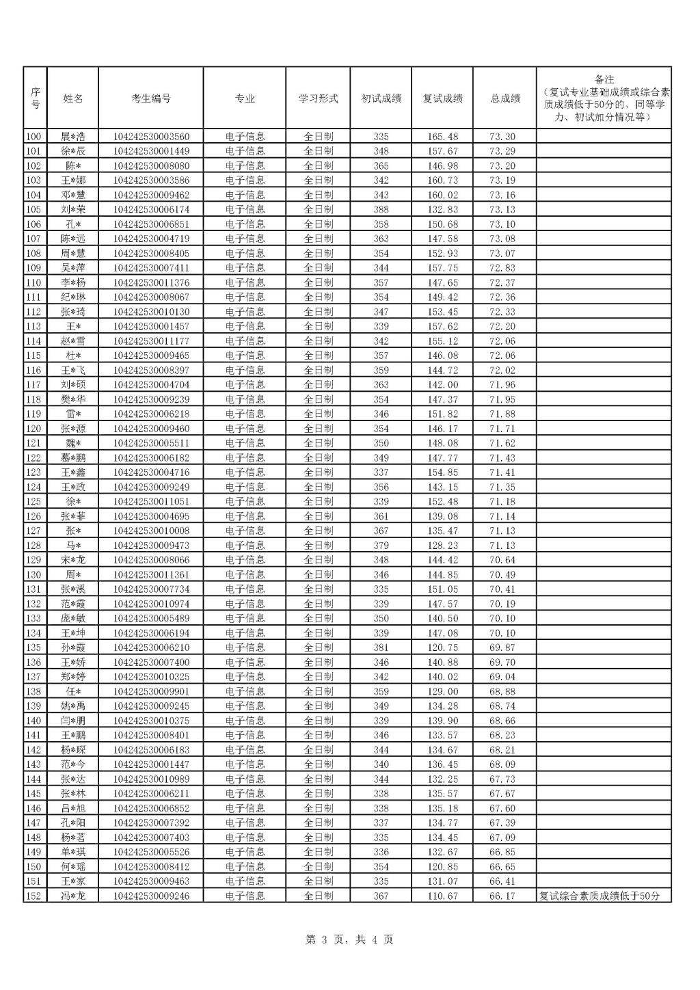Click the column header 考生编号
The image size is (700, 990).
[x=151, y=98]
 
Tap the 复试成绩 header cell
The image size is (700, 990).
[x=442, y=98]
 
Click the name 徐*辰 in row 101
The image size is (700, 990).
[x=73, y=151]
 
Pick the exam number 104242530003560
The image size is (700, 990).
[x=151, y=137]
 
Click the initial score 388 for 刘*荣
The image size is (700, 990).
[x=381, y=209]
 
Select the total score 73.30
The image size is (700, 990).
[x=502, y=137]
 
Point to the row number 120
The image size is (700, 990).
[x=33, y=429]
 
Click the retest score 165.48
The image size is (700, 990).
[x=442, y=137]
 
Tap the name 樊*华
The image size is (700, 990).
[x=73, y=399]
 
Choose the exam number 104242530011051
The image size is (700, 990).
[x=151, y=502]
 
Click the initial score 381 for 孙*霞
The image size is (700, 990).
[x=381, y=647]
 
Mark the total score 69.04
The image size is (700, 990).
[x=502, y=677]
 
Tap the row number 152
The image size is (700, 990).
[x=33, y=896]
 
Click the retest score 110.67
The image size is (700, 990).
[x=442, y=896]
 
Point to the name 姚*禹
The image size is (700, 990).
[x=73, y=706]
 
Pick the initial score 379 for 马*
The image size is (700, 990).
[x=381, y=546]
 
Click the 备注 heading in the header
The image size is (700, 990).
[x=604, y=80]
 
